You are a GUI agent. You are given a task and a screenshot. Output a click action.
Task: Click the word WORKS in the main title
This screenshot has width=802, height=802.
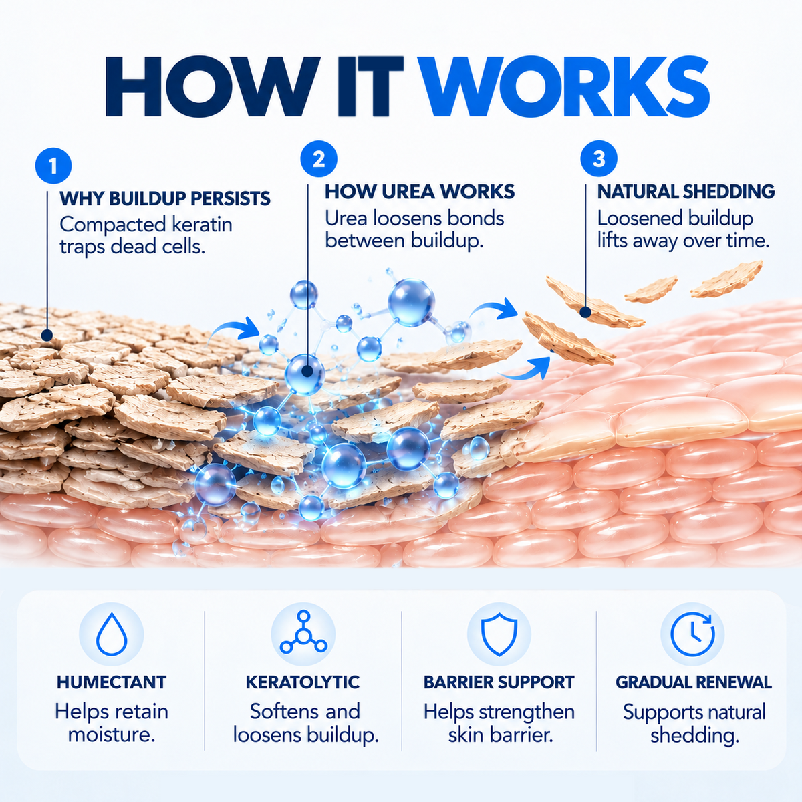click(x=567, y=87)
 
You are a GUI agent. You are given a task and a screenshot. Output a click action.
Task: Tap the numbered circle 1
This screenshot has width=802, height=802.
click(x=53, y=166)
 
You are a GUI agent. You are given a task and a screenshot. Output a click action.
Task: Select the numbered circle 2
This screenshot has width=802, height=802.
click(x=319, y=159)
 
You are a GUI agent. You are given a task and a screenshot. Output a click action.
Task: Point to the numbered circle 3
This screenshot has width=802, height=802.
click(x=599, y=158)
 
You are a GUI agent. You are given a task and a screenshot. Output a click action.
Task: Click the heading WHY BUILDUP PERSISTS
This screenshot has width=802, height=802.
click(x=165, y=198)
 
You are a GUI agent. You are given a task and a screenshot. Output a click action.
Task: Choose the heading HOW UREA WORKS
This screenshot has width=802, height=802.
click(x=420, y=192)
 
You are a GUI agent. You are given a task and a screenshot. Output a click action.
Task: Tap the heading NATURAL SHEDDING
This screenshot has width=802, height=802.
click(x=686, y=192)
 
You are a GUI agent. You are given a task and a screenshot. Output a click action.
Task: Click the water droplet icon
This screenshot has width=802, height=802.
click(x=112, y=634)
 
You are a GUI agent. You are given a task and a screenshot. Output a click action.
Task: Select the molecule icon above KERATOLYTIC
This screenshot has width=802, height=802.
click(x=303, y=632)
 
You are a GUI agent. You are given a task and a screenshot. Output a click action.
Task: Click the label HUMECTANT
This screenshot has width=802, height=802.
click(x=112, y=683)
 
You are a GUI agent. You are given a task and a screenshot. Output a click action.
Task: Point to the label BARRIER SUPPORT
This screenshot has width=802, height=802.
click(x=499, y=683)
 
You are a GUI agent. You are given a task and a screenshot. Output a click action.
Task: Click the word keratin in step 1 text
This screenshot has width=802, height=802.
click(x=202, y=225)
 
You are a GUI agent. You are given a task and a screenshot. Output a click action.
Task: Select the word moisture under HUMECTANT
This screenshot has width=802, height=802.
click(x=112, y=735)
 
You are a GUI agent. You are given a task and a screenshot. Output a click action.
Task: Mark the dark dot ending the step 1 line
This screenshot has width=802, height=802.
click(x=47, y=335)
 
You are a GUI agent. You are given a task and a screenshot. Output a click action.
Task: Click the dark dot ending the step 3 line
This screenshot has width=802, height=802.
click(x=585, y=313)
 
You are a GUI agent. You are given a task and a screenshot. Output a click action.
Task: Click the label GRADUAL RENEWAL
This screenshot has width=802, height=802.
click(x=693, y=683)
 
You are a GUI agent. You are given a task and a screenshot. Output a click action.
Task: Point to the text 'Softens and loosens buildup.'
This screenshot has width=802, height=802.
click(x=305, y=724)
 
